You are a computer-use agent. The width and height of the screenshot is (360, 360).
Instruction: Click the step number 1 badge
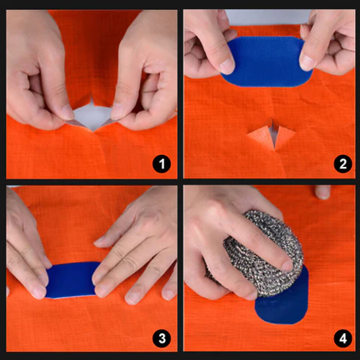[x=162, y=164]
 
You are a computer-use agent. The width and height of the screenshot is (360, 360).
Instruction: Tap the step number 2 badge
[x=343, y=164]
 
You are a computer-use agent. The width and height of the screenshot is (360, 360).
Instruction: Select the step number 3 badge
[x=162, y=338]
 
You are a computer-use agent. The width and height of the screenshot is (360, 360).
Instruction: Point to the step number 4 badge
[x=343, y=338]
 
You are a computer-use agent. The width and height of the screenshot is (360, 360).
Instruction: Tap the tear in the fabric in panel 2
[x=272, y=135]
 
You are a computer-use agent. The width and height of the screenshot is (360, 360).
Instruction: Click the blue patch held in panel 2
[x=266, y=62]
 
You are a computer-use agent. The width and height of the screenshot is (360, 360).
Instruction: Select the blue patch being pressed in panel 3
[x=72, y=280]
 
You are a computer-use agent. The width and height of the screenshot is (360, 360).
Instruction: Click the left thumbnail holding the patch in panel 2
[x=227, y=66]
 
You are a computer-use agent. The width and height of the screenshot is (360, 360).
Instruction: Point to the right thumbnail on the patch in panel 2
[x=307, y=63]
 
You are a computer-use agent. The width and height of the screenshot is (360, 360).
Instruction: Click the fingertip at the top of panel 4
[x=323, y=192]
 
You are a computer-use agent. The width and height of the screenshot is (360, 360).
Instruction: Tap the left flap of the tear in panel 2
[x=260, y=138]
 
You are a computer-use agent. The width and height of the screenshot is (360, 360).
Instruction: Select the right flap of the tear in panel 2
[x=284, y=137]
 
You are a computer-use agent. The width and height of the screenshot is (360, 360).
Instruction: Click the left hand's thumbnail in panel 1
[x=68, y=112]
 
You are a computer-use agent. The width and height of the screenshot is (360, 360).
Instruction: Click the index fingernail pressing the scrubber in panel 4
[x=287, y=266]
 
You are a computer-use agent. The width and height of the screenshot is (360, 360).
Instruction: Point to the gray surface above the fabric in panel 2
[x=268, y=17]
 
